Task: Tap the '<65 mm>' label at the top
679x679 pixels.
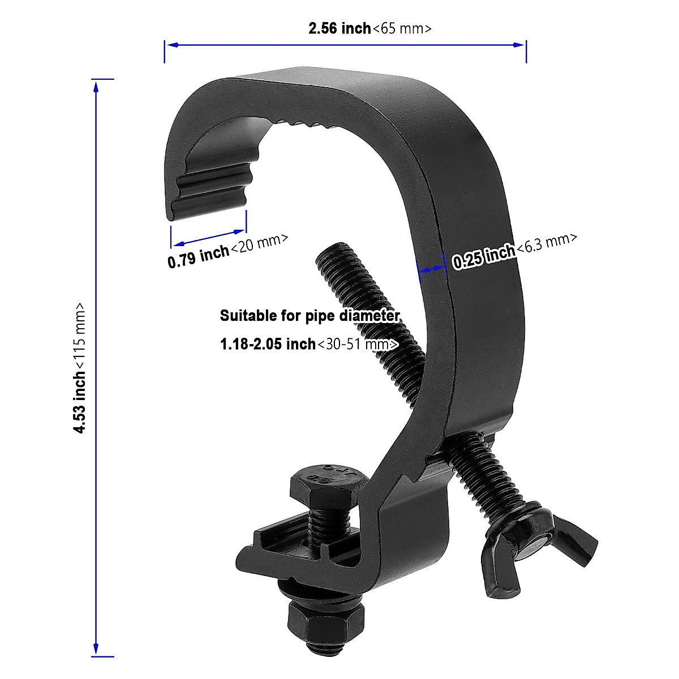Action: click(x=402, y=28)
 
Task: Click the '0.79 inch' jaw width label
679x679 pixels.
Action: click(x=198, y=257)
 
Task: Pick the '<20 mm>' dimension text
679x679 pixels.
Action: click(x=260, y=244)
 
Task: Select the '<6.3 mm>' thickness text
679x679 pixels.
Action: click(x=547, y=244)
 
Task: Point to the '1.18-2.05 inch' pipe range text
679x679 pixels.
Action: click(x=268, y=343)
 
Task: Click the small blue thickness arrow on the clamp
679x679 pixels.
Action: click(x=431, y=270)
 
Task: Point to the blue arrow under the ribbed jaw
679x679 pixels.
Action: click(x=208, y=237)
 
